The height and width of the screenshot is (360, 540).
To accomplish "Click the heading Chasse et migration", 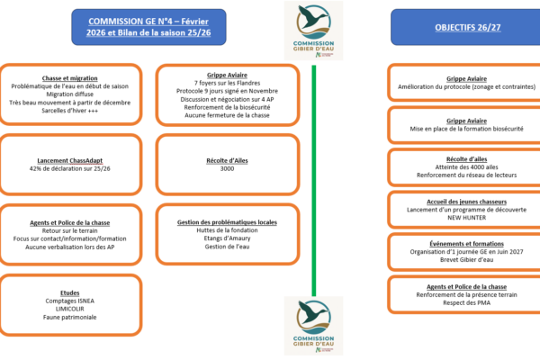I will tap(69, 77).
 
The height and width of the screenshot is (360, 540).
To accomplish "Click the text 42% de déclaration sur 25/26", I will tap(69, 168).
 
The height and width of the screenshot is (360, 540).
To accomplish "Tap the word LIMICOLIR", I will tap(69, 308).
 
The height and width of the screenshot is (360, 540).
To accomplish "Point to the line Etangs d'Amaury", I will tap(227, 238).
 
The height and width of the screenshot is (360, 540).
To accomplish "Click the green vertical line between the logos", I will tap(313, 180).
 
